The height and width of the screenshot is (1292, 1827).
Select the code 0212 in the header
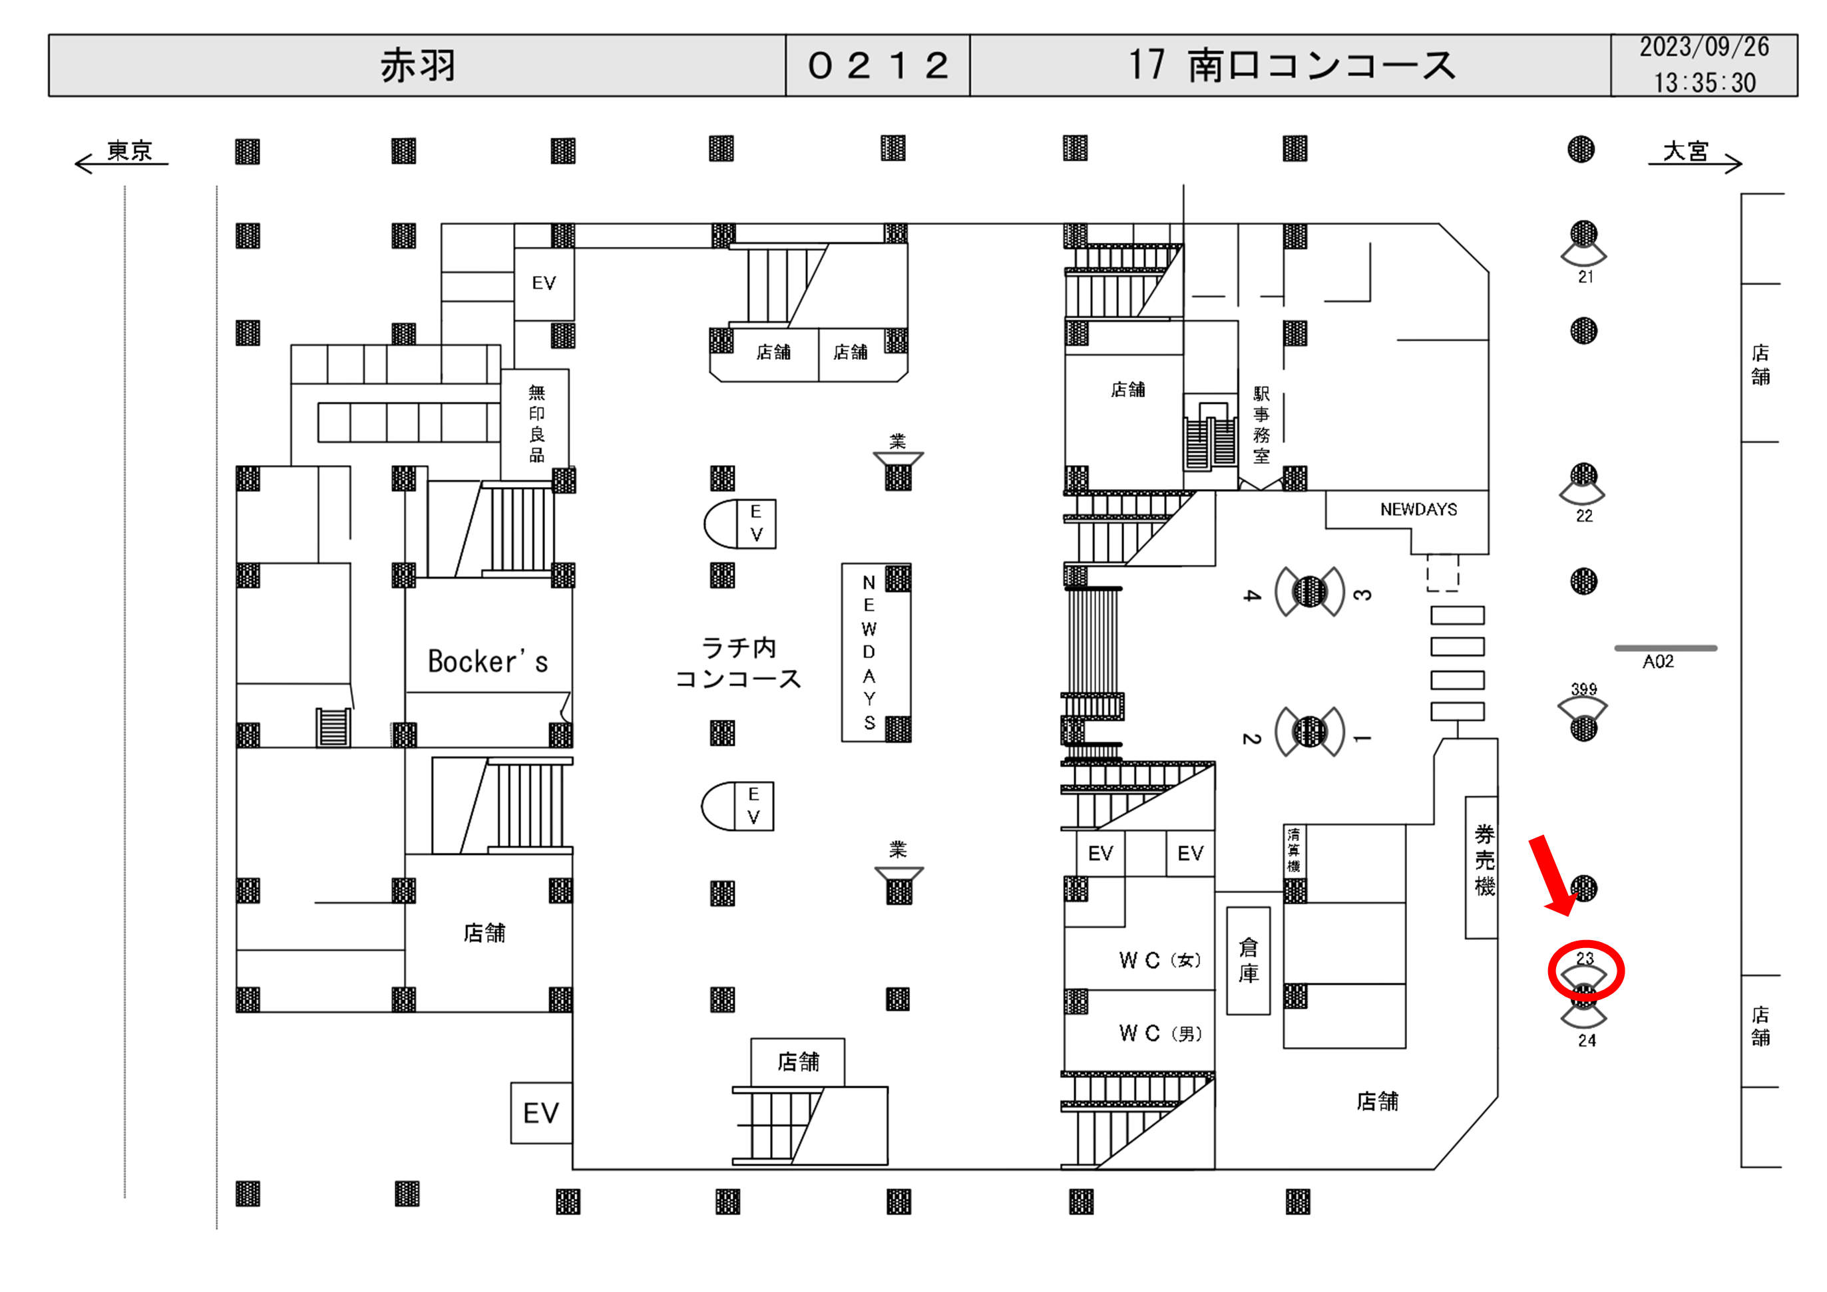click(x=878, y=65)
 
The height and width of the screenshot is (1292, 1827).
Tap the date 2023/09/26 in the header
click(x=1704, y=48)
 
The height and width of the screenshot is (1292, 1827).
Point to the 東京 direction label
click(x=129, y=150)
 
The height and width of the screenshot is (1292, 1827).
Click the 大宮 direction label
click(x=1685, y=150)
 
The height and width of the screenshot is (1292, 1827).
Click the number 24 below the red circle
click(x=1587, y=1041)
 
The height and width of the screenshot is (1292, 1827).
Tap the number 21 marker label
click(x=1585, y=277)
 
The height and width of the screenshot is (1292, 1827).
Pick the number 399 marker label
click(x=1583, y=689)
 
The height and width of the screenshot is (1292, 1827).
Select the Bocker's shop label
click(x=488, y=662)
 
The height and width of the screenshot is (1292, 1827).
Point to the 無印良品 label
click(x=537, y=423)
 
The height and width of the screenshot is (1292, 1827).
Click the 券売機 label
click(x=1484, y=861)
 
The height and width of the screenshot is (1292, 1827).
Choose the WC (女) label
click(x=1159, y=960)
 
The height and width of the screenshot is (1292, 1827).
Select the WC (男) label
click(x=1159, y=1033)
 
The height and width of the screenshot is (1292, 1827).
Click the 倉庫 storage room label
click(x=1248, y=960)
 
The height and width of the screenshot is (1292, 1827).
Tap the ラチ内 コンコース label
click(x=737, y=663)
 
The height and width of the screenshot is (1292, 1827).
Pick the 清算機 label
click(x=1294, y=850)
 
